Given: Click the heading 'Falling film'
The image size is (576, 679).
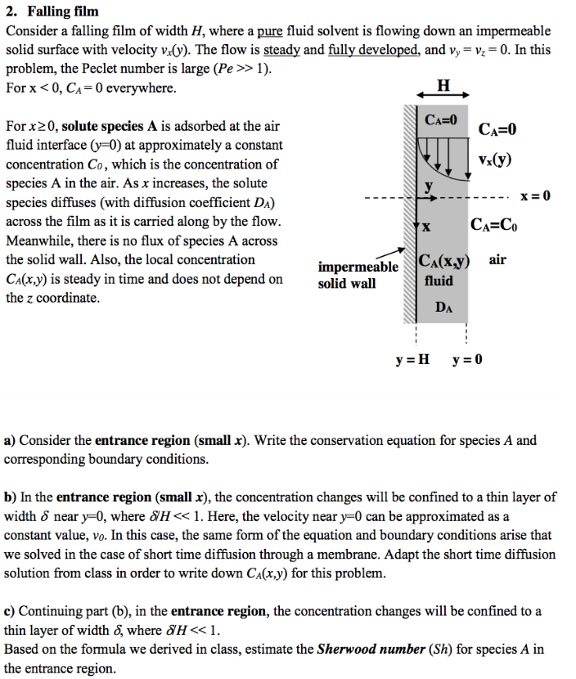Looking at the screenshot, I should coord(63,11).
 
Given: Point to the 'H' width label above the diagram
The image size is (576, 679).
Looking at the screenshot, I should coord(443,84).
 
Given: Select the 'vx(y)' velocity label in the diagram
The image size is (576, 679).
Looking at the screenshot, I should coord(496,159).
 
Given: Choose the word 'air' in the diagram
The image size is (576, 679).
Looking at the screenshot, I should coord(498,259).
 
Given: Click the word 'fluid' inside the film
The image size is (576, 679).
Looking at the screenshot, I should coord(439,281).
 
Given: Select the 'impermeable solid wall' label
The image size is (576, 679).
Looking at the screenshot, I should coord(358,275).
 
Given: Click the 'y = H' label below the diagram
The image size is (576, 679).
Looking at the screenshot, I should coord(412,359).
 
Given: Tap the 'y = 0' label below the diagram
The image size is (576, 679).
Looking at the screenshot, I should coord(467,359).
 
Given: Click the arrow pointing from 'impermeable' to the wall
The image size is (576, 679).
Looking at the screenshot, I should coord(394,254).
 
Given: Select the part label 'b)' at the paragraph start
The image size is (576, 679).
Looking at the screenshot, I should coord(11,497).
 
